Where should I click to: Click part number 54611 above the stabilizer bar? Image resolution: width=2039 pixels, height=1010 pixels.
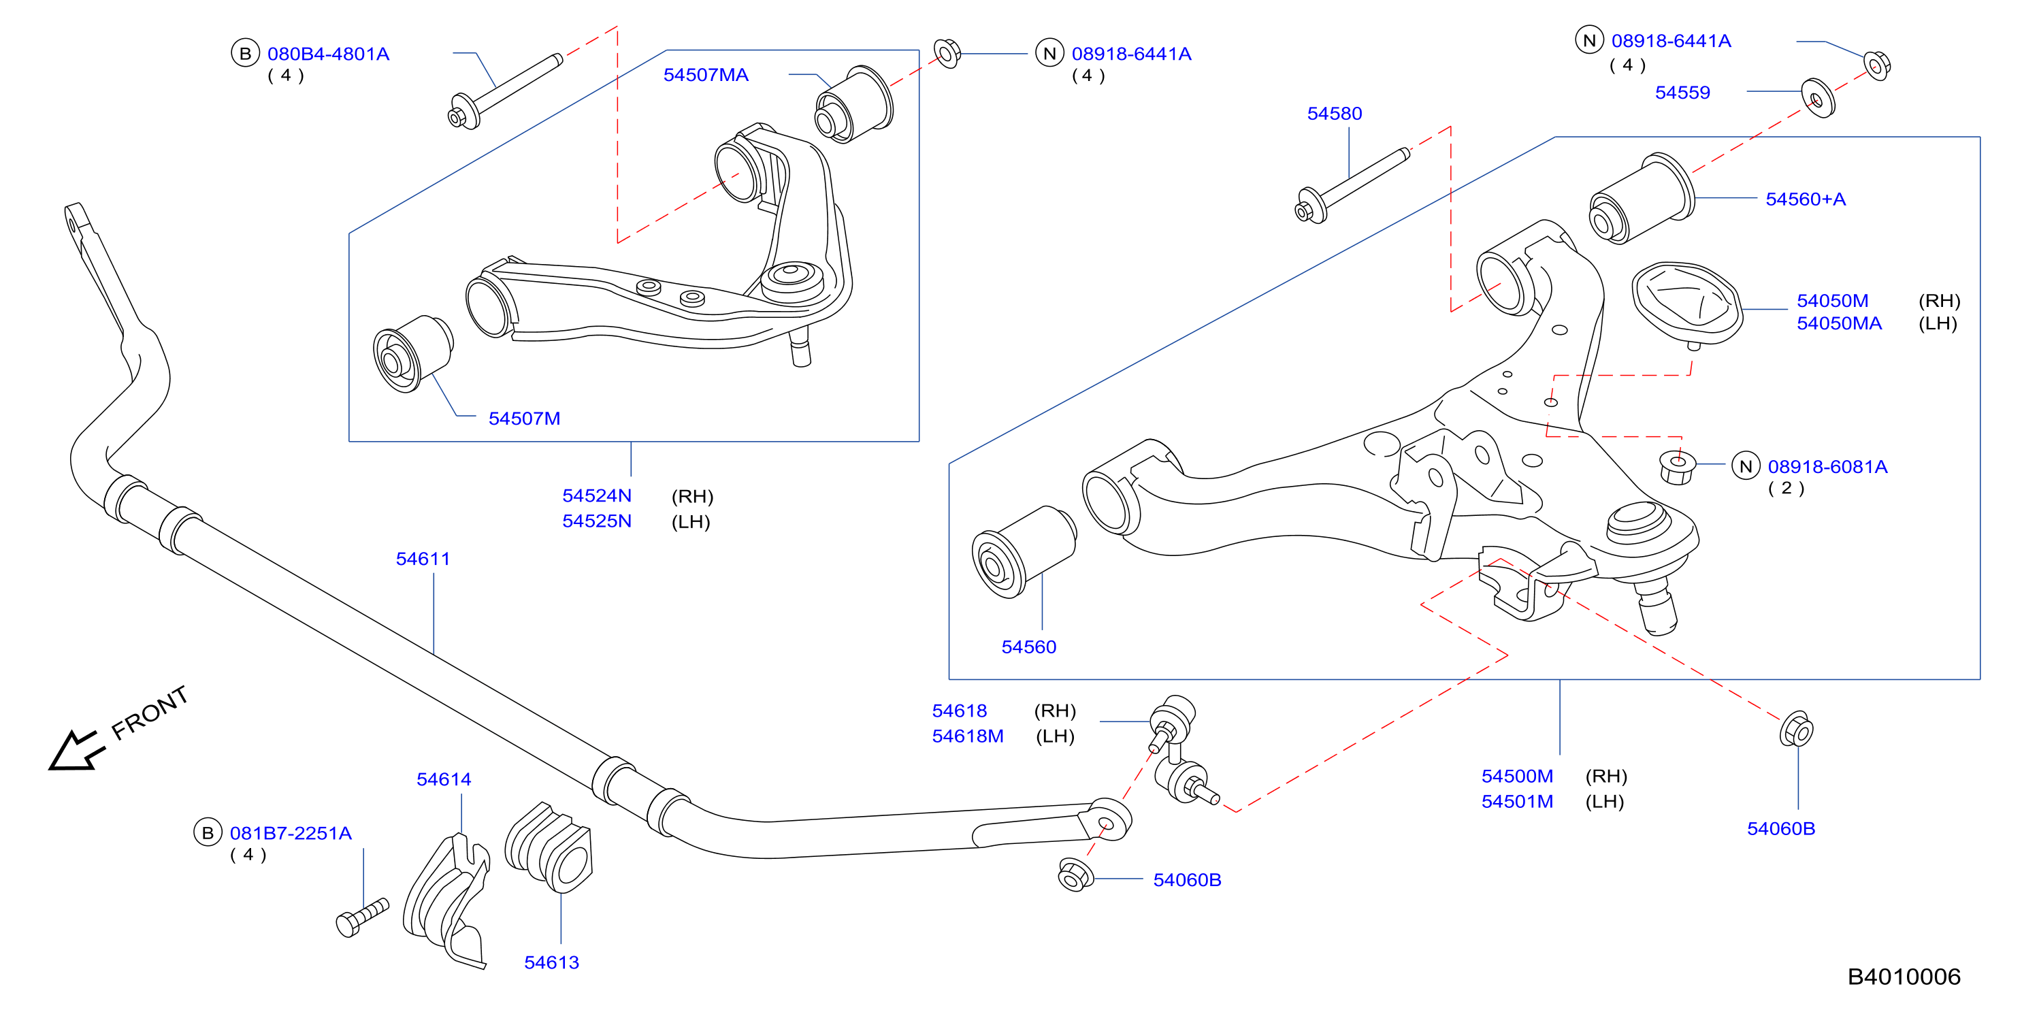[423, 559]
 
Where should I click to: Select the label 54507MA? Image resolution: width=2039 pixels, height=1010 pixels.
[705, 75]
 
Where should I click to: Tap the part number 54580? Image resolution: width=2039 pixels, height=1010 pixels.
[1335, 114]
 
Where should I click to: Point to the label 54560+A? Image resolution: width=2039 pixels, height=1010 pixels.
[1806, 199]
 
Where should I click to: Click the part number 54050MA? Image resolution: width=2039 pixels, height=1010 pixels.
[1839, 324]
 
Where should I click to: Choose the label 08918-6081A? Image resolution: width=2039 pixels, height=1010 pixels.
[1827, 467]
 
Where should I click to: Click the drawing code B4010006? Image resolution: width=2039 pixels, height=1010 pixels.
[1904, 977]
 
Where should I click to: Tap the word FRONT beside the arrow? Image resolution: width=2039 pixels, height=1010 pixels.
[150, 713]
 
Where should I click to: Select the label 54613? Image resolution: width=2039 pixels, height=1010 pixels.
[552, 962]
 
